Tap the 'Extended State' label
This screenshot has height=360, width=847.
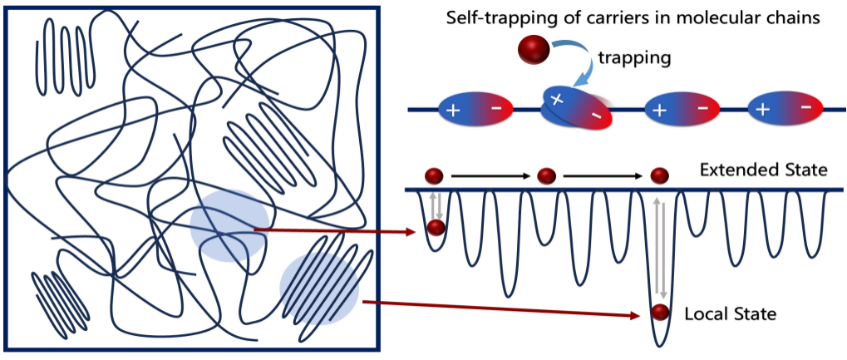(764, 170)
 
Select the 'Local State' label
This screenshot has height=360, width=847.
(730, 314)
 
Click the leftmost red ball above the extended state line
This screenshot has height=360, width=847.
(434, 175)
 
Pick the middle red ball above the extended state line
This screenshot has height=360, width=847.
(546, 175)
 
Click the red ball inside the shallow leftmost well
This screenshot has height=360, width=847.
(436, 228)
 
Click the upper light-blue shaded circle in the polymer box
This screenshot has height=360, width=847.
(229, 225)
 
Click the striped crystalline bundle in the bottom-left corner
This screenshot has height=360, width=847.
(61, 299)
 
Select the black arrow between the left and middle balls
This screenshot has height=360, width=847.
(490, 176)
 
